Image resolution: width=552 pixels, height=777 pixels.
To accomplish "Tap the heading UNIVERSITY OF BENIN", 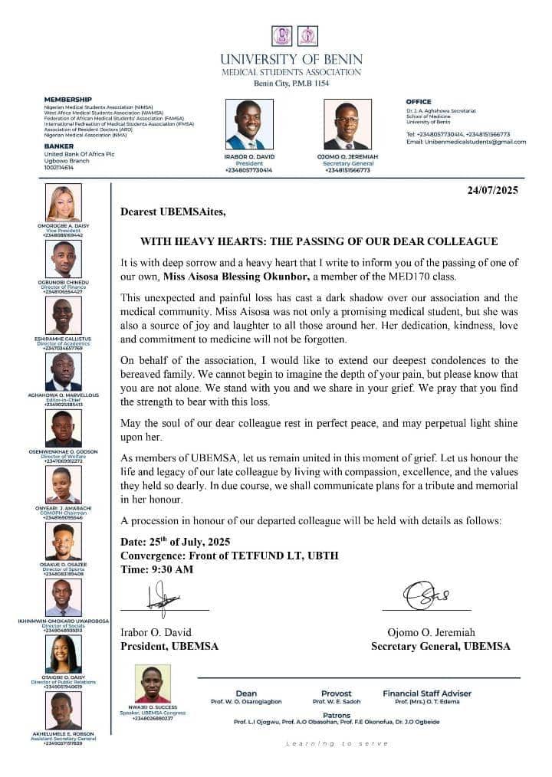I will pyautogui.click(x=291, y=59).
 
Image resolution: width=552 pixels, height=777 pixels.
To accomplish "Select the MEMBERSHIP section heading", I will pyautogui.click(x=67, y=100).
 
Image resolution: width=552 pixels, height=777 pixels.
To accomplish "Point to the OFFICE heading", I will pyautogui.click(x=419, y=102).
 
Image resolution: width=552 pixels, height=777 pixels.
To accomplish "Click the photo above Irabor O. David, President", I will pyautogui.click(x=249, y=124).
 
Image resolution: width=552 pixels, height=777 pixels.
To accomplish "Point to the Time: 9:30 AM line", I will pyautogui.click(x=157, y=569).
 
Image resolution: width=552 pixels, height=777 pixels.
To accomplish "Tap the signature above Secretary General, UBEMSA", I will pyautogui.click(x=426, y=595).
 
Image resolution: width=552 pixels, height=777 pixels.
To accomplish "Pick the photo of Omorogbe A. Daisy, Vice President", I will pyautogui.click(x=64, y=203).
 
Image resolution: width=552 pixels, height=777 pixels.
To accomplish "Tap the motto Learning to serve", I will pyautogui.click(x=320, y=743).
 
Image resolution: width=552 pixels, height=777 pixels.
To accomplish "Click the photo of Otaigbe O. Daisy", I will pyautogui.click(x=64, y=654).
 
